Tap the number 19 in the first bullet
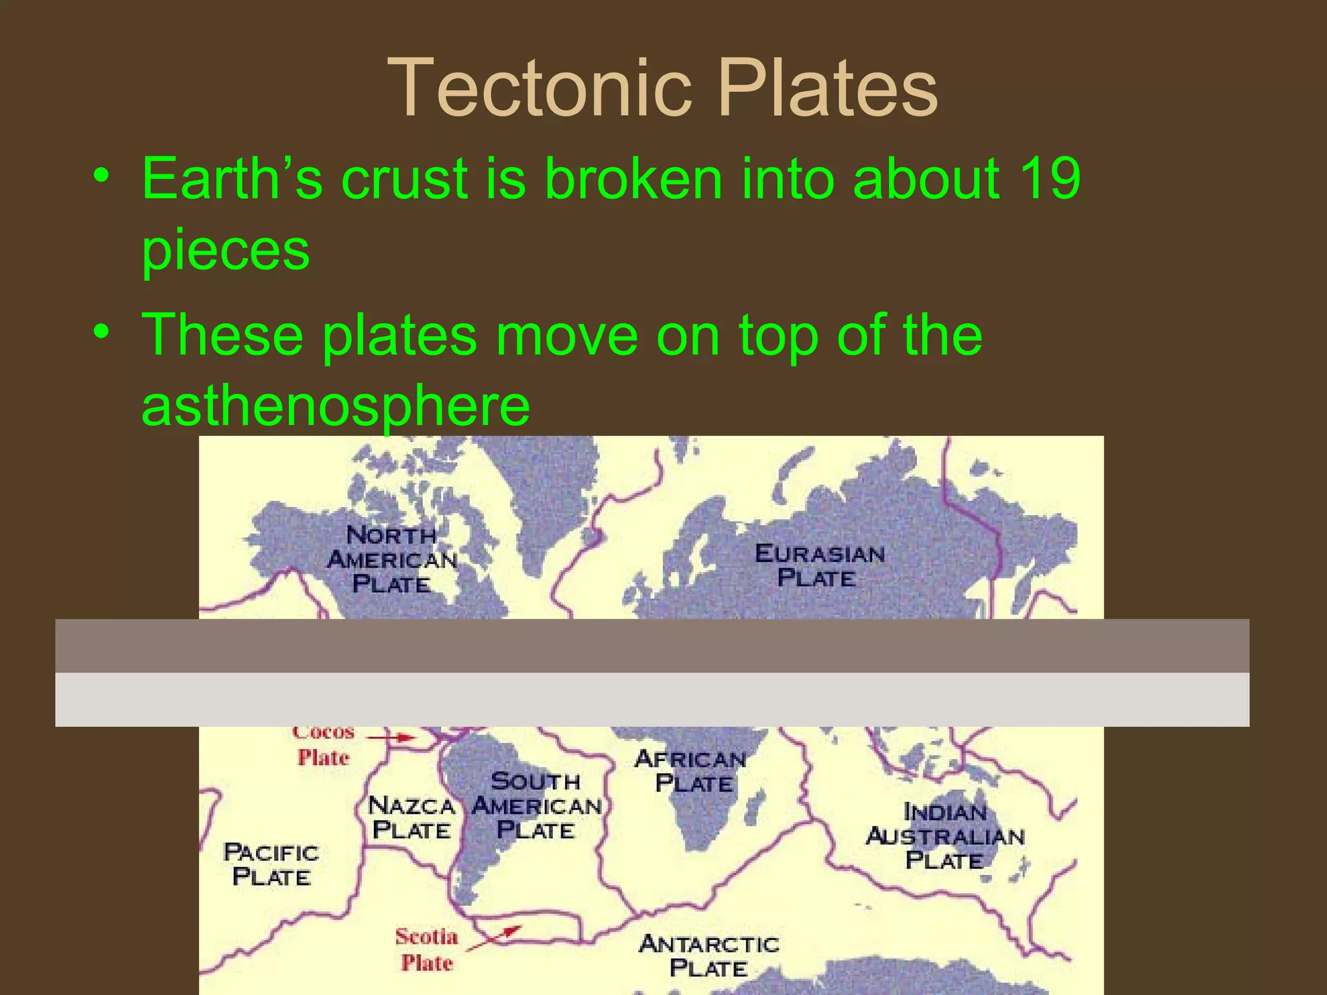point(1049,178)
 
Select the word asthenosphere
point(336,406)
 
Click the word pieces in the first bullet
point(225,250)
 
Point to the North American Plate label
point(392,560)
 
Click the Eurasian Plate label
point(819,566)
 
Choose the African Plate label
point(691,771)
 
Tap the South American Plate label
point(537,806)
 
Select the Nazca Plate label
point(411,818)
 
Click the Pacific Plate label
point(271,864)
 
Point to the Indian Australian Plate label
point(945,836)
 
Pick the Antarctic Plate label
point(709,956)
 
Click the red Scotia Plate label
point(426,950)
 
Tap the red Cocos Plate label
point(323,745)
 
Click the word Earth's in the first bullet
point(232,178)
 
